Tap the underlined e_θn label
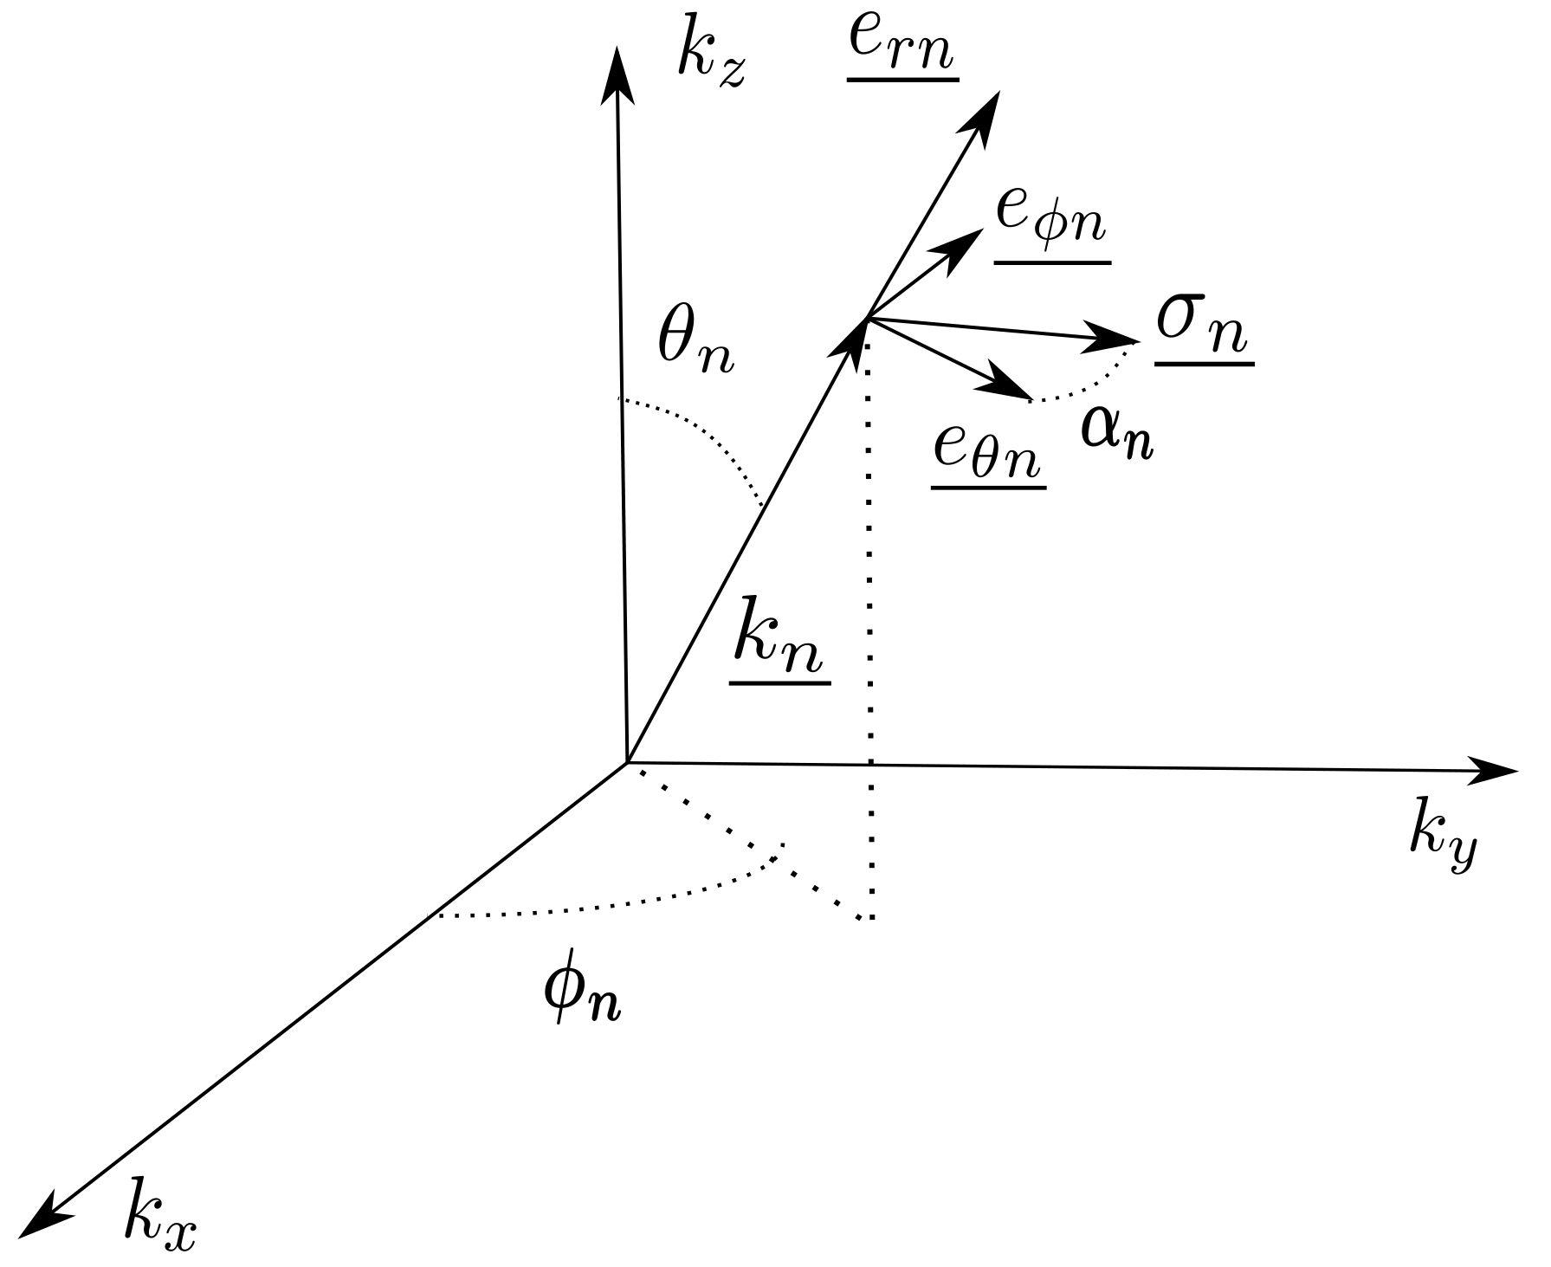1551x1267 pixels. (988, 456)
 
